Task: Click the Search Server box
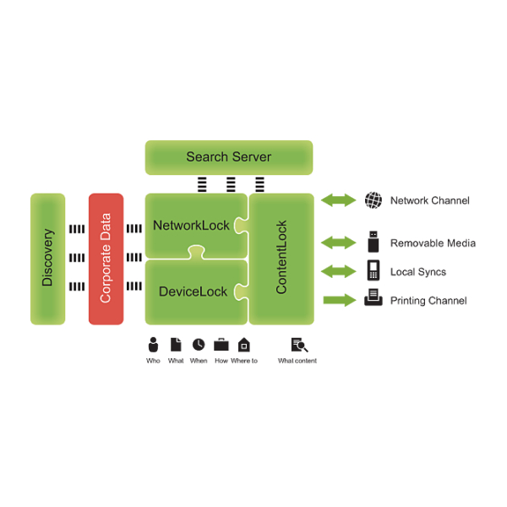(x=229, y=157)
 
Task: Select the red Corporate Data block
(x=106, y=259)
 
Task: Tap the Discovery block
(x=47, y=259)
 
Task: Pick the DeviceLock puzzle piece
(x=193, y=292)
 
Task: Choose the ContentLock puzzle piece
(x=281, y=259)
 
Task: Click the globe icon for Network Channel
(x=373, y=200)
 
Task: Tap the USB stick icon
(x=373, y=242)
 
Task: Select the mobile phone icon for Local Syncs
(x=373, y=271)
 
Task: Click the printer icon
(x=373, y=299)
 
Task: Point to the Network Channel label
(x=429, y=201)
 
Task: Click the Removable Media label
(x=433, y=243)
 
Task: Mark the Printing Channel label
(x=428, y=301)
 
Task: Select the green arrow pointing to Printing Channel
(x=339, y=299)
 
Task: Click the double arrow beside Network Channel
(x=339, y=200)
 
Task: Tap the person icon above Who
(x=153, y=345)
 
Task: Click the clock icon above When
(x=199, y=345)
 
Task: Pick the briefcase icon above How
(x=221, y=345)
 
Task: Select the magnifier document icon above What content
(x=298, y=345)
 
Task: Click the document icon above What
(x=176, y=345)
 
